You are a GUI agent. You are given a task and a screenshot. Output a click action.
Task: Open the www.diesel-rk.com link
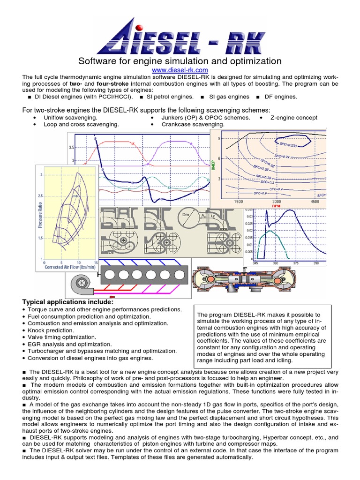pos(180,70)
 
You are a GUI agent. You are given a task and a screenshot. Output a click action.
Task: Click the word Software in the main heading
pos(95,61)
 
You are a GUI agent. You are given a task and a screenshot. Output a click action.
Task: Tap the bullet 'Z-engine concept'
pos(293,118)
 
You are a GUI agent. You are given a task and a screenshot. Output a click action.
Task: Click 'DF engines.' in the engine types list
pos(280,97)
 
